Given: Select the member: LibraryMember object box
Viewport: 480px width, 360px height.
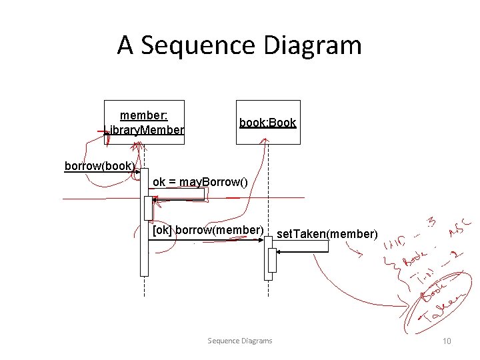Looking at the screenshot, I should (x=144, y=122).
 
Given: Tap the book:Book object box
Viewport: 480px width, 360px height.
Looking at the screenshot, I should (x=268, y=122).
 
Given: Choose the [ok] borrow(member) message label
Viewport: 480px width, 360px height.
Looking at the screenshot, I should (x=208, y=231).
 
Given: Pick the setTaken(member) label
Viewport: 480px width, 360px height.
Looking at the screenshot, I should (x=327, y=234).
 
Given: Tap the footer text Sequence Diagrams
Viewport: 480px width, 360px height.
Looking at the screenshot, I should (x=240, y=341).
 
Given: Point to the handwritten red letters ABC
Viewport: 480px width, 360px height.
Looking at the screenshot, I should (x=461, y=228).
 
